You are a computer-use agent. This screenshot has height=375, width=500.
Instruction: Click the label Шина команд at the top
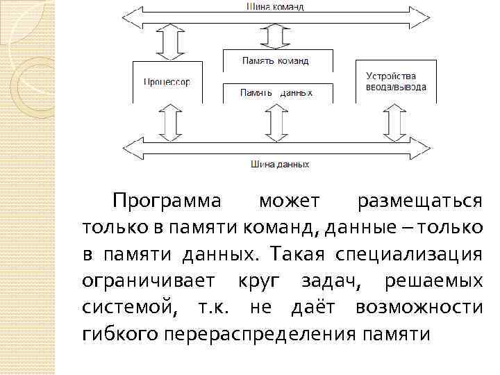click(x=276, y=7)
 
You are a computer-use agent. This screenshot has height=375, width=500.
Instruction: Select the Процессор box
click(x=167, y=81)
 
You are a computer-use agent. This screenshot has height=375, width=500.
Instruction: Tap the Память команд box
click(x=276, y=60)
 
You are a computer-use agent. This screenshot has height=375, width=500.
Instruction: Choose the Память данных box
click(x=276, y=92)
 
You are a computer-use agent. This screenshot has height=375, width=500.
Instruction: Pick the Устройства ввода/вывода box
click(x=395, y=81)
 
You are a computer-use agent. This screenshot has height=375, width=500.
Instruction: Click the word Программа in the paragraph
click(x=166, y=202)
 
